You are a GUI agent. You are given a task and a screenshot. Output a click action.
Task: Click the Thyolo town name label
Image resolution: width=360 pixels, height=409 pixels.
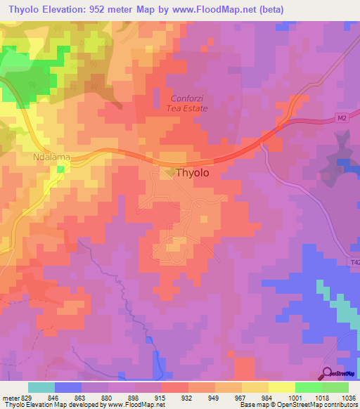pyautogui.click(x=192, y=172)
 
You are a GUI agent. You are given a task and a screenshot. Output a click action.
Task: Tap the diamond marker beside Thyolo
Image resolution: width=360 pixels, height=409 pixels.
pyautogui.click(x=171, y=171)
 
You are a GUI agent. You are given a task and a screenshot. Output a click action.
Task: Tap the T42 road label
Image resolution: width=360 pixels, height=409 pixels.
pyautogui.click(x=354, y=263)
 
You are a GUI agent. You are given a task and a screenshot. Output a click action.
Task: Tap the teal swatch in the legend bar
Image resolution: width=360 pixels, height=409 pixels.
pyautogui.click(x=41, y=387)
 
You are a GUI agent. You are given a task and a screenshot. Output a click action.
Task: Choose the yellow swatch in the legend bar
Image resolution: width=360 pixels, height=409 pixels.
pyautogui.click(x=281, y=387)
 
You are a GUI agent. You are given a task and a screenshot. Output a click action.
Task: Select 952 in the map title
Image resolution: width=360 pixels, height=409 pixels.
pyautogui.click(x=101, y=10)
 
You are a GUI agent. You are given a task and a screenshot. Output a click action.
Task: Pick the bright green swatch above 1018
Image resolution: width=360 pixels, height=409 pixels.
pyautogui.click(x=308, y=387)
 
